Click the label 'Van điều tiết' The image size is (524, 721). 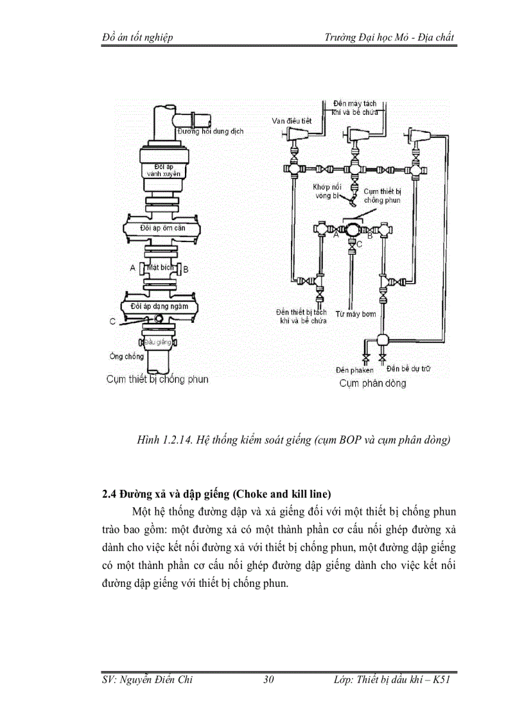coord(293,121)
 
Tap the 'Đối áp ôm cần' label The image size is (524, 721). coord(162,228)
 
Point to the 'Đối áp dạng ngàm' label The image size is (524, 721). coord(159,306)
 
